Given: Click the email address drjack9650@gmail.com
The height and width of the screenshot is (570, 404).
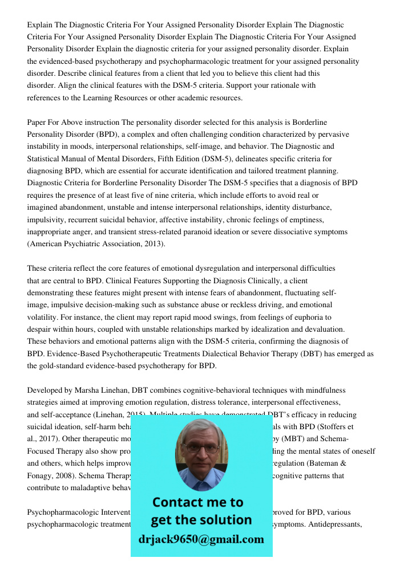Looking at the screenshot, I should click(201, 539).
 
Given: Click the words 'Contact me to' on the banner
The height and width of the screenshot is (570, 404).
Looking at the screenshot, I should click(197, 502).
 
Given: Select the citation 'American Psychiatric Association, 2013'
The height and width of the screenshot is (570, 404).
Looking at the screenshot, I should click(96, 244).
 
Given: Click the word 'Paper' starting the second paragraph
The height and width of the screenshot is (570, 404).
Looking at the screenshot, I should click(37, 123).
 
